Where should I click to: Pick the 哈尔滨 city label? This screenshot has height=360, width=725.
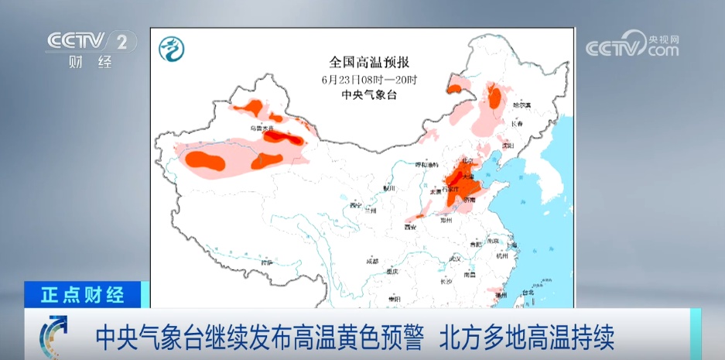tap(524, 104)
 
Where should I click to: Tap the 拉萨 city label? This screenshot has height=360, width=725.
tap(267, 262)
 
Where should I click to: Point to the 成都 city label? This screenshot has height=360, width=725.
tap(371, 261)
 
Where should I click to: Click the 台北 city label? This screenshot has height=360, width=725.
tap(528, 293)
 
